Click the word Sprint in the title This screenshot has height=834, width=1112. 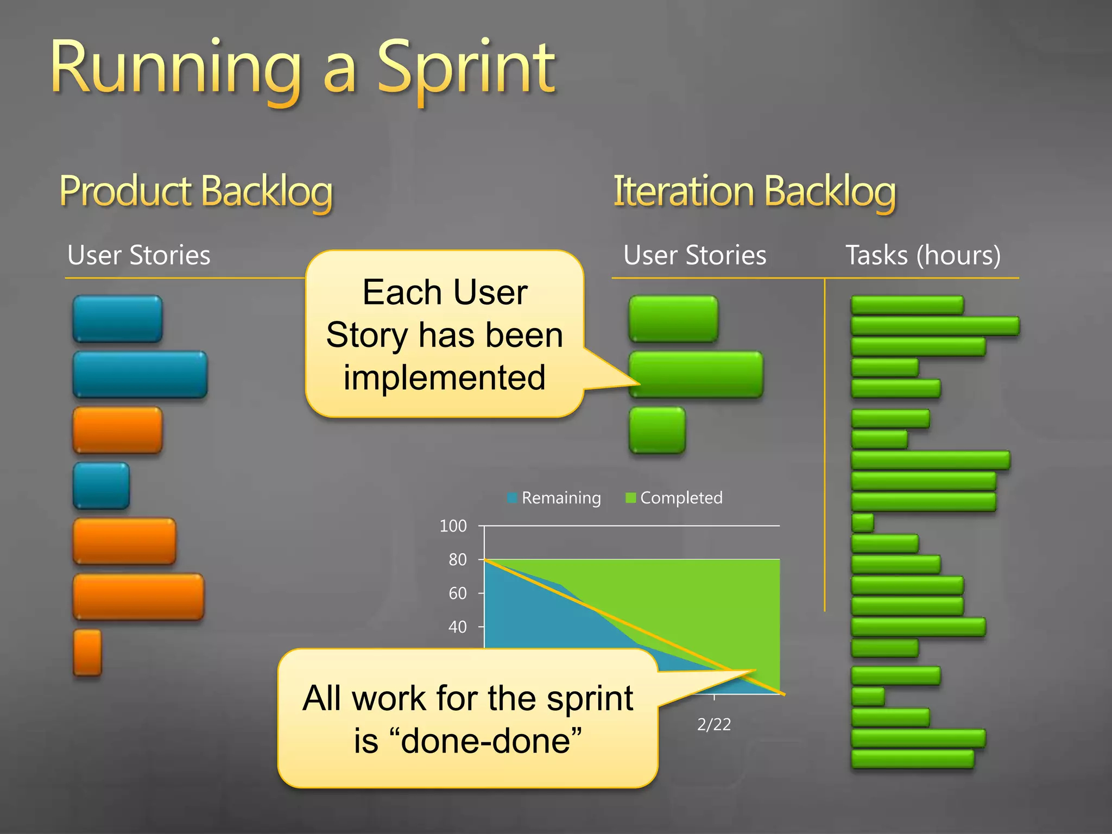[465, 69]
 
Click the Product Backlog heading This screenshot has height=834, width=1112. [195, 191]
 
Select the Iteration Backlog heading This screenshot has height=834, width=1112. [754, 191]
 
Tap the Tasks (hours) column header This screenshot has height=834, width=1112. [923, 255]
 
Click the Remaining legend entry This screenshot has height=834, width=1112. [554, 498]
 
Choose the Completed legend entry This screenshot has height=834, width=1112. [674, 498]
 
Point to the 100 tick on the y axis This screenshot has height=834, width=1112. [453, 526]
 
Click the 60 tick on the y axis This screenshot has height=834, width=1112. [458, 593]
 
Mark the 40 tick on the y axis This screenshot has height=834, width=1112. [458, 627]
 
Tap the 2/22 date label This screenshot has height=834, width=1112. [713, 724]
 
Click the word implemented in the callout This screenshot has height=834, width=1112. [444, 377]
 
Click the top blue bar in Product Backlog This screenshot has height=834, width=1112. [117, 319]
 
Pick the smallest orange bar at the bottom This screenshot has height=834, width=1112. [87, 652]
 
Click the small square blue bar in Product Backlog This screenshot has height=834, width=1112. [101, 485]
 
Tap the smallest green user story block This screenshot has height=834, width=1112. [657, 430]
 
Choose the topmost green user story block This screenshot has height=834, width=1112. [673, 319]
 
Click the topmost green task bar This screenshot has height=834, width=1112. [907, 305]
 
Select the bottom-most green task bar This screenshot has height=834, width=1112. [912, 759]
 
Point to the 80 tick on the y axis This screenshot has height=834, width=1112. [458, 559]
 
